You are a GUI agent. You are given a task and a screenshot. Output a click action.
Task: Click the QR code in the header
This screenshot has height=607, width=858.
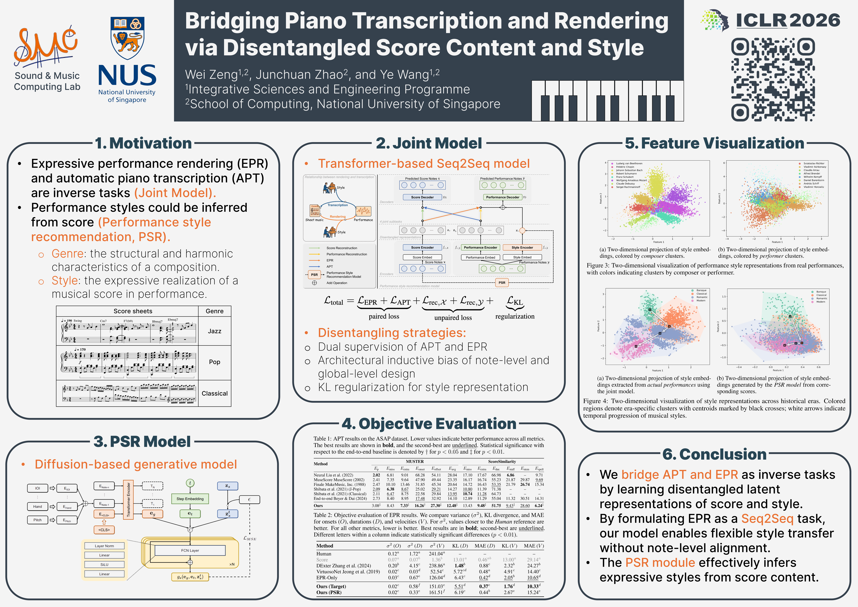coord(773,79)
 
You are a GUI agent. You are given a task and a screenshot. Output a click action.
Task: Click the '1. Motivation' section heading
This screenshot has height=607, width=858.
coord(143,143)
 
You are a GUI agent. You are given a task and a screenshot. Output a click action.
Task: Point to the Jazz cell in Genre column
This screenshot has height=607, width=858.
coord(214,331)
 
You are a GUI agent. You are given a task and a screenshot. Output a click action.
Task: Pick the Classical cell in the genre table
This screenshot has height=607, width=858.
coord(214,393)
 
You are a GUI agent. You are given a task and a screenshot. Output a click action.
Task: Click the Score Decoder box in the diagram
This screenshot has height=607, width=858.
coord(422,197)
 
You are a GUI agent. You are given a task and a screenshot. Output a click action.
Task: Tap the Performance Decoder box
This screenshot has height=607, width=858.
coord(503,197)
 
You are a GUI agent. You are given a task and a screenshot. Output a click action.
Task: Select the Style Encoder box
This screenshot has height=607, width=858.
coord(522,247)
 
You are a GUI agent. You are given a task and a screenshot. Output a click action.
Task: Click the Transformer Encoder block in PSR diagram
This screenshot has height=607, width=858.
coord(128,500)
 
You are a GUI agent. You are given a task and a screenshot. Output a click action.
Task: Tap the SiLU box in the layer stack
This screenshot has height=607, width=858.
coord(104,564)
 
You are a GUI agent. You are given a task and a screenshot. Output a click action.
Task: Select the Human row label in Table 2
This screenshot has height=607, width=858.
coord(324,553)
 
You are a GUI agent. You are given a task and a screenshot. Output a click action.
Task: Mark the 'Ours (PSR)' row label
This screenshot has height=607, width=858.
coord(329,592)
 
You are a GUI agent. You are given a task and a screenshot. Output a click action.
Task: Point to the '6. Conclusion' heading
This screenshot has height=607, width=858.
coord(714,454)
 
